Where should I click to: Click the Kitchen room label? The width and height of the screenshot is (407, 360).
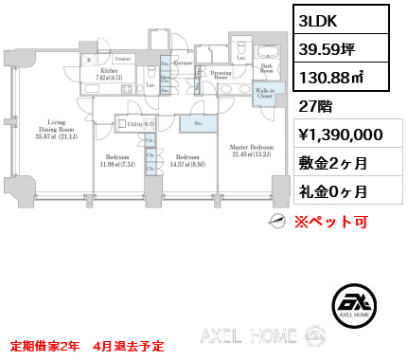[x=109, y=72]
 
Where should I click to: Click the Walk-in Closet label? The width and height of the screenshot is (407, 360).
[x=264, y=94]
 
